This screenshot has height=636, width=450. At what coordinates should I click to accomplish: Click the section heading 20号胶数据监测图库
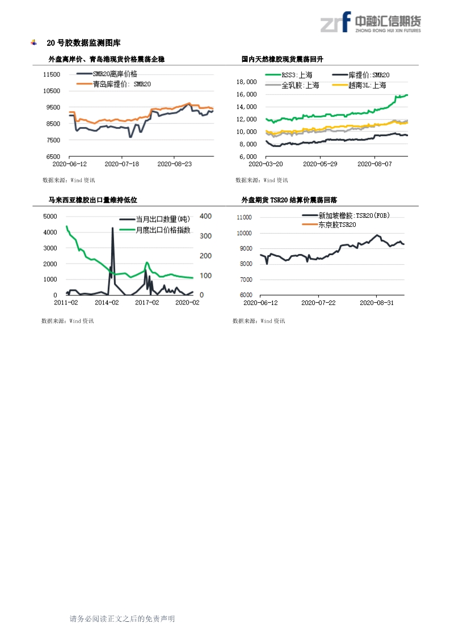[83, 43]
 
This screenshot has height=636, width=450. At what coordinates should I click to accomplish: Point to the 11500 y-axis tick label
[52, 74]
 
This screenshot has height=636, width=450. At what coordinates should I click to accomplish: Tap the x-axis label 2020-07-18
[121, 164]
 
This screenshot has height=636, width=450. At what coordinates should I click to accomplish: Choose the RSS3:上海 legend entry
[296, 75]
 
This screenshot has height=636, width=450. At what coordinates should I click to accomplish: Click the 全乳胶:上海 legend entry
[300, 85]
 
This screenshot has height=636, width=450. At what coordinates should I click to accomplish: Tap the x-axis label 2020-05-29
[319, 164]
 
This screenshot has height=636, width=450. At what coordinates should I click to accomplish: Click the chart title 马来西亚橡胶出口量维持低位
[92, 200]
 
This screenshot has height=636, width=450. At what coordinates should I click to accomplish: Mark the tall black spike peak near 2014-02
[112, 228]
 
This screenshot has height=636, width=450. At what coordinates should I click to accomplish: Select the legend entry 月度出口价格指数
[162, 230]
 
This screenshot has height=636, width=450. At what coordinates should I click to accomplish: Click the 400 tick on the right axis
[206, 216]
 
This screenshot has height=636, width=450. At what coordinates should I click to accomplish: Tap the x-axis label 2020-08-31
[377, 303]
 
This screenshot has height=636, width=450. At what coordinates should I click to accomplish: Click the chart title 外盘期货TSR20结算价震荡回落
[289, 200]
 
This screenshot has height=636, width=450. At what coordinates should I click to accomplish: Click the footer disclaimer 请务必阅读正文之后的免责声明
[122, 619]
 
